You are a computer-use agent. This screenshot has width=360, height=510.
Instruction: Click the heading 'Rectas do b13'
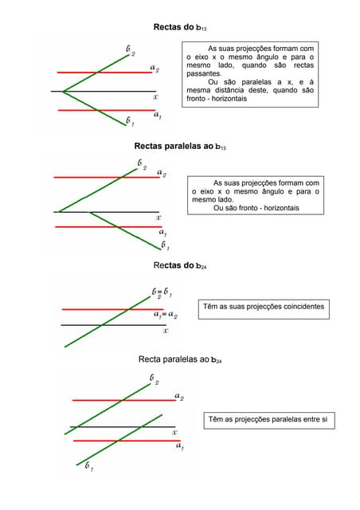[180, 27]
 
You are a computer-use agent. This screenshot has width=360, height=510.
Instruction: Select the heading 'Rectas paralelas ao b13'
[180, 146]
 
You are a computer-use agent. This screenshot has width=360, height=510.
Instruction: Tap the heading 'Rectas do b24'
[180, 265]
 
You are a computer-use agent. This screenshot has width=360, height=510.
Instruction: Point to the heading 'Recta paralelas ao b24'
[180, 359]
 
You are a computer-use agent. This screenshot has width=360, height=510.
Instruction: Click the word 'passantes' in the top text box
[204, 73]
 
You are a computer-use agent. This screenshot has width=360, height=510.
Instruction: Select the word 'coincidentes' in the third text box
[303, 306]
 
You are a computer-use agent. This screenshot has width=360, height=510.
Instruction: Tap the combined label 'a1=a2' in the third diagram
[166, 315]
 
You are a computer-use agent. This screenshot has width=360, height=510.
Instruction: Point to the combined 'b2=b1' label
[162, 292]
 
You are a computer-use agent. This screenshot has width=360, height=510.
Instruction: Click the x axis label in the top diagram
[156, 97]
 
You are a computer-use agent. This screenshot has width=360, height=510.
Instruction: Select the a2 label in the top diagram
[155, 68]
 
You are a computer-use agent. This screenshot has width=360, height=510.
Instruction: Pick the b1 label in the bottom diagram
[89, 466]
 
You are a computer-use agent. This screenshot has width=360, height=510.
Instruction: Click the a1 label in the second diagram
[163, 232]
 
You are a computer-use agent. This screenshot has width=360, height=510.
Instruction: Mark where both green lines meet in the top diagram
[63, 92]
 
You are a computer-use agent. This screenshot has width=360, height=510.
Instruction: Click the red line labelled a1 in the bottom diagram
[127, 441]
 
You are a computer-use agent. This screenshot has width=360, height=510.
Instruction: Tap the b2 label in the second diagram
[142, 165]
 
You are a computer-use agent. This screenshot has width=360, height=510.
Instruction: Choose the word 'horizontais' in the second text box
[281, 208]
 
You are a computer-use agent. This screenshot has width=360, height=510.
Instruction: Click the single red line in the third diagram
[112, 309]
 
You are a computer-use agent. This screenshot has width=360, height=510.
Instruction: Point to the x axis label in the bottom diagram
[174, 432]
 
